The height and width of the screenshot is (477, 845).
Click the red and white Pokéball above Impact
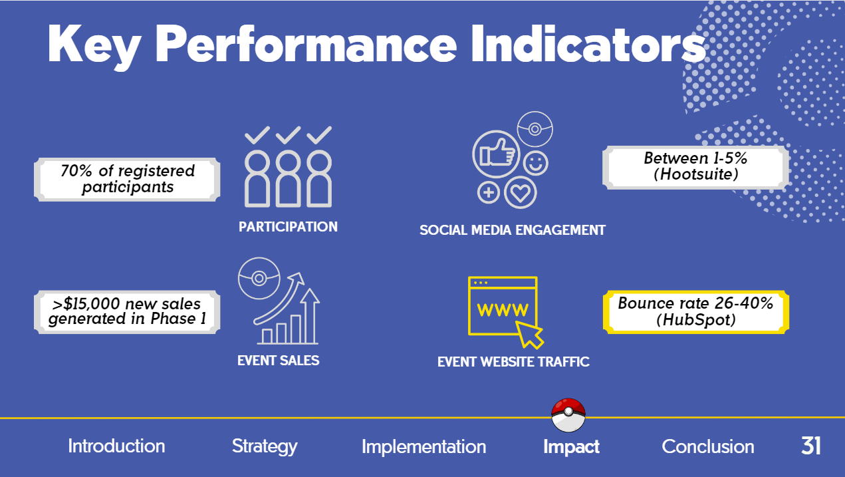[x=568, y=415]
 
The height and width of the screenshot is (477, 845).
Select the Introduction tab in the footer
[x=116, y=446]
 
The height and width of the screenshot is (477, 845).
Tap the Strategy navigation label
[x=265, y=447]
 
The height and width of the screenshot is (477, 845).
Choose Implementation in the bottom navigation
[x=423, y=448]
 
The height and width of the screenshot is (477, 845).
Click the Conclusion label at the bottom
[x=707, y=446]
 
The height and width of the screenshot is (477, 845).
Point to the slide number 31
[x=810, y=446]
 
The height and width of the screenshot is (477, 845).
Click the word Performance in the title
[x=306, y=44]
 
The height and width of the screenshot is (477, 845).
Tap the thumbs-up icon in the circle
[x=496, y=154]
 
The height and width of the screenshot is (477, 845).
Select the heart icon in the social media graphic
[x=520, y=192]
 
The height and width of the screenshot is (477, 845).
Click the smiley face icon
[x=536, y=163]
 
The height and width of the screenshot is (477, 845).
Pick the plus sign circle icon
[x=489, y=192]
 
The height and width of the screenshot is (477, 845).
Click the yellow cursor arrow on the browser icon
[x=529, y=335]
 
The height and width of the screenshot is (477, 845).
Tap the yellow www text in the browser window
[x=503, y=310]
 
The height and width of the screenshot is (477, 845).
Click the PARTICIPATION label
[x=289, y=227]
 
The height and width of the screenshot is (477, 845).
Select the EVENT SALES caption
[x=279, y=361]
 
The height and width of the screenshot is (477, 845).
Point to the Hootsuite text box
[x=695, y=167]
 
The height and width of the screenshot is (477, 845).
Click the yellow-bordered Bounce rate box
[x=696, y=312]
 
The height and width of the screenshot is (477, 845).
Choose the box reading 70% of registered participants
[x=127, y=179]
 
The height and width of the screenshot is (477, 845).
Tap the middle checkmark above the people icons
[x=289, y=135]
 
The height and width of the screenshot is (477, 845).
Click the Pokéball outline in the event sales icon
[x=259, y=278]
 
